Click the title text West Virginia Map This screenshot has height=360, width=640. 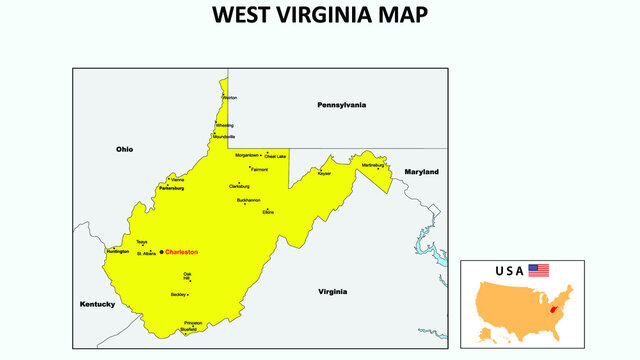coord(320,16)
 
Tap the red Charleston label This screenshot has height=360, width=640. coord(182,252)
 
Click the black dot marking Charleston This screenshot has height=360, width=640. coord(162,252)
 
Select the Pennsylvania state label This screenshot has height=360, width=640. coord(341,105)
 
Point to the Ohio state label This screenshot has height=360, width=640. coord(124,149)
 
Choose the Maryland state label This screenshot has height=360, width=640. coord(421,172)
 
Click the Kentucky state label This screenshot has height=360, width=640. coord(98,304)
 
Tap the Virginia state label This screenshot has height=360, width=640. coord(332,292)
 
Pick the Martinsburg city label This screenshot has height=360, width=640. coord(372,164)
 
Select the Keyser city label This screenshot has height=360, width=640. coord(324,173)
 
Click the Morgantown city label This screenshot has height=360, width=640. coord(247,155)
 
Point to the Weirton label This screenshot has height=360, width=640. coord(230,98)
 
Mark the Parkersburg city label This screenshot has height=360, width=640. coord(172,187)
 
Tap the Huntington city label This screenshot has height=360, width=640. coord(116,252)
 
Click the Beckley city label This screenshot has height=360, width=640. coord(178,295)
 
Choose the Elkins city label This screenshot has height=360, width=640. coord(268,213)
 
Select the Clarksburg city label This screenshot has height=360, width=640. coord(239,186)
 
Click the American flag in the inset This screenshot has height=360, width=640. coord(539,270)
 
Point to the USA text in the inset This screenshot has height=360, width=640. coord(509,271)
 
